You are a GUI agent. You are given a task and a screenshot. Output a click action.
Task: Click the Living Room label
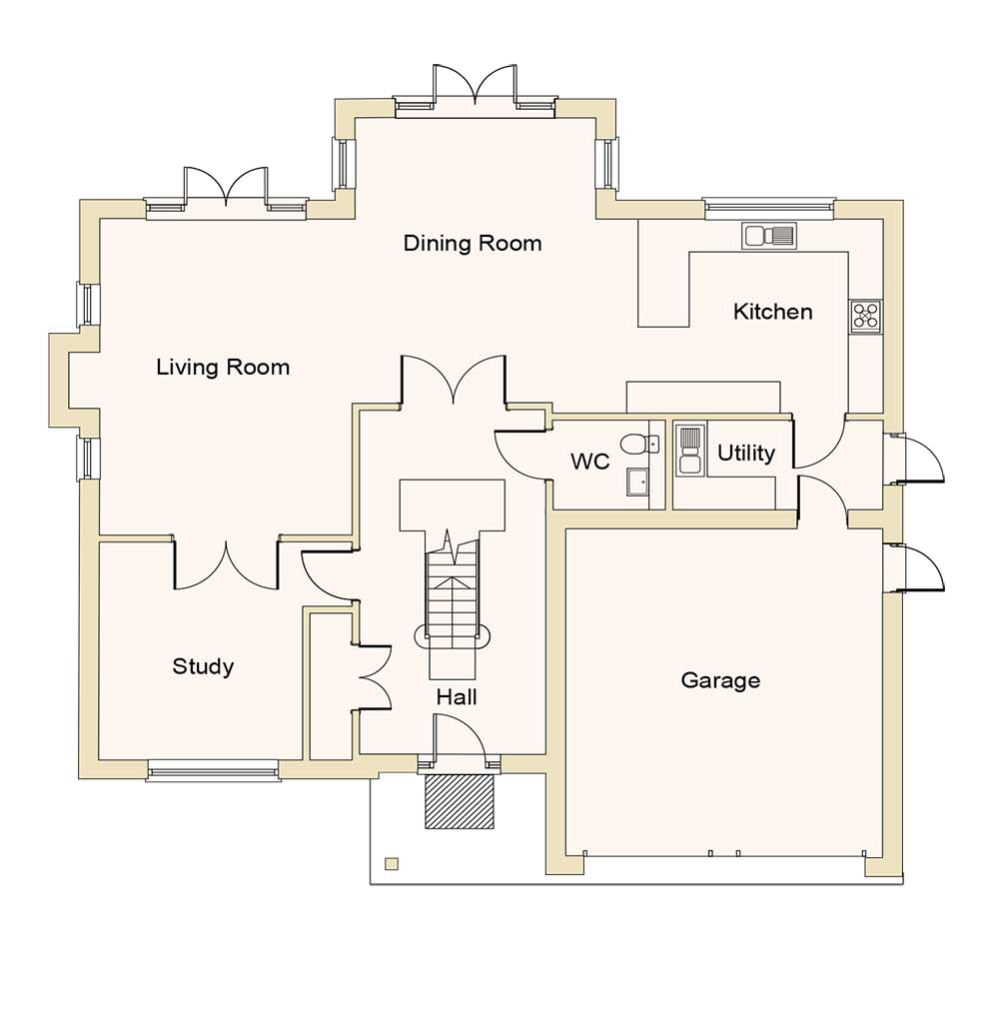(223, 367)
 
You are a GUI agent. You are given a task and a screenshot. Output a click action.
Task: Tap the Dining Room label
(473, 243)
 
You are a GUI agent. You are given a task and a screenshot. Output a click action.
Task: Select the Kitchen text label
(772, 312)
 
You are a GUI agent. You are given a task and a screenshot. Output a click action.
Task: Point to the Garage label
(720, 680)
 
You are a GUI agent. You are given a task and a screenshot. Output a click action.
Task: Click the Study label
(203, 666)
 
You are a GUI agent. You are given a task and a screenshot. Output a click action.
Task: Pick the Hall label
(456, 696)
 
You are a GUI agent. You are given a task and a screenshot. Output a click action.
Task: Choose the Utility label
(745, 454)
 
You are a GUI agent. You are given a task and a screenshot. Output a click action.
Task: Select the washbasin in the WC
(636, 482)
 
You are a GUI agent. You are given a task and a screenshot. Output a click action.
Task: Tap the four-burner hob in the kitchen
(865, 316)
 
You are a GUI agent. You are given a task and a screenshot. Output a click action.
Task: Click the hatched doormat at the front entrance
(461, 801)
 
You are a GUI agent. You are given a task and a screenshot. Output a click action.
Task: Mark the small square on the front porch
(392, 864)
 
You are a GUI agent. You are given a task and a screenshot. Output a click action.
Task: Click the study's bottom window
(213, 768)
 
